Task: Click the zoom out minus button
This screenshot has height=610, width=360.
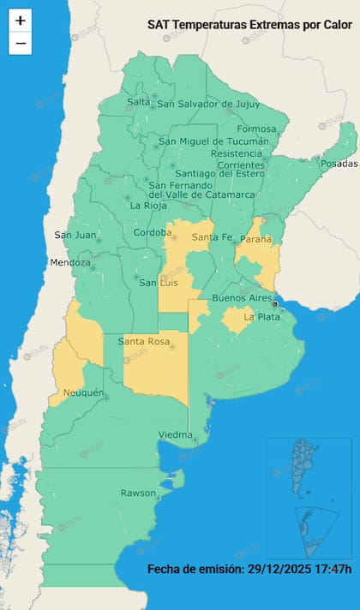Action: [21, 43]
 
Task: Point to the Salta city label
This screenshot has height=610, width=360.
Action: [138, 102]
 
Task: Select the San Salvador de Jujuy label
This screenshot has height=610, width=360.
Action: [207, 105]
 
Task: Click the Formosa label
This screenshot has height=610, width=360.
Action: [256, 129]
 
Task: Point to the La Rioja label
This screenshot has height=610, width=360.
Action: [147, 206]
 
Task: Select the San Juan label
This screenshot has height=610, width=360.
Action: [74, 235]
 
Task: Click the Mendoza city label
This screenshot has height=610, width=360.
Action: [69, 262]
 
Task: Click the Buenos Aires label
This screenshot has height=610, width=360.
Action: [242, 297]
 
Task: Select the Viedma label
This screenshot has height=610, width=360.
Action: [175, 435]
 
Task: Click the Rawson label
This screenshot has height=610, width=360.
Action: [138, 493]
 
